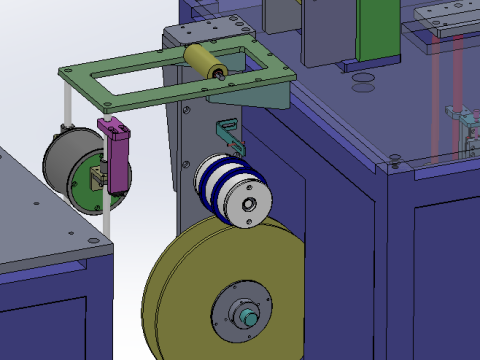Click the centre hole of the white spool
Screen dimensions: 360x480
248,206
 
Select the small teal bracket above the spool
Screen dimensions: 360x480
227,133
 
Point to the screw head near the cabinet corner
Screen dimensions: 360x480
397,159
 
